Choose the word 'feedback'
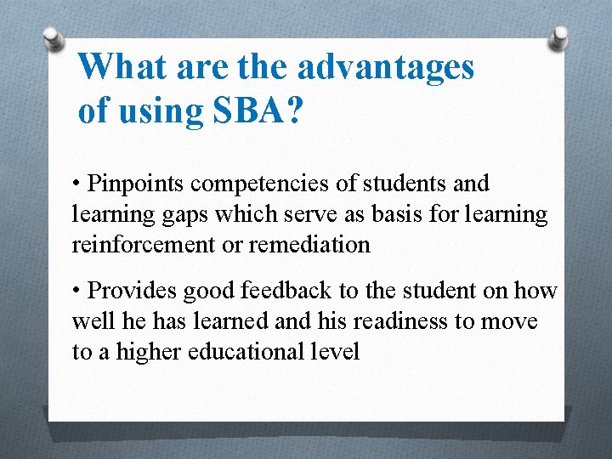pos(286,291)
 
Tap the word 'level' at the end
pos(337,352)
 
